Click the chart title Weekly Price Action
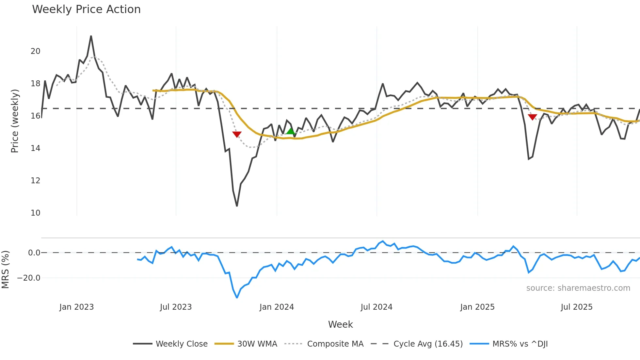(x=86, y=9)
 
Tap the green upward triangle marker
(x=290, y=131)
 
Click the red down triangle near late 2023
(x=237, y=134)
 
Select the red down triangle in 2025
(x=532, y=117)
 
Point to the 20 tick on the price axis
(x=35, y=51)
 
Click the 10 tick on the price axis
(x=35, y=213)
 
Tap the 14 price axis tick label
(x=35, y=148)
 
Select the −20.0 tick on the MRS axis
(x=29, y=278)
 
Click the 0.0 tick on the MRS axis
(x=34, y=253)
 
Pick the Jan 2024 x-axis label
(x=277, y=307)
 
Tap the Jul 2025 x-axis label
(x=576, y=307)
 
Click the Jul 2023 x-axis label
(x=176, y=307)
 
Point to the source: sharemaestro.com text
(x=578, y=288)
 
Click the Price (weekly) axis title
(x=15, y=121)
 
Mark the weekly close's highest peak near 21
(x=91, y=36)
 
